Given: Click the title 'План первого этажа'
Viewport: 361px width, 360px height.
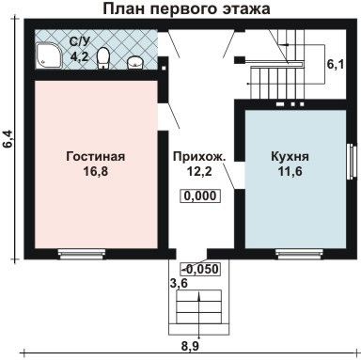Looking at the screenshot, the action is click(186, 8).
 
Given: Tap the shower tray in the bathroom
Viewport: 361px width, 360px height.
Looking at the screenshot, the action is click(49, 55).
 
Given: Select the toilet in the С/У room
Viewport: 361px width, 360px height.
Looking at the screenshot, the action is click(103, 58).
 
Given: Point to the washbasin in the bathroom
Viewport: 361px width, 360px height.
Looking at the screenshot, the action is click(135, 62).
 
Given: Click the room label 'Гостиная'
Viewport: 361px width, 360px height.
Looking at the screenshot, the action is click(96, 156).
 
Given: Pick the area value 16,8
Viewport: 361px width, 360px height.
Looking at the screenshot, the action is click(96, 171).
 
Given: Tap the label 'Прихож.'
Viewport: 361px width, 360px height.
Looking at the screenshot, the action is click(199, 156).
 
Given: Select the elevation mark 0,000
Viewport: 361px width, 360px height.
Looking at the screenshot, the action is click(200, 196).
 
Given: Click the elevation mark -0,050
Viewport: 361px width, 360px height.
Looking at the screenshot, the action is click(199, 269).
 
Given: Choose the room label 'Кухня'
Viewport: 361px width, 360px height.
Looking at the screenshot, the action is click(290, 156).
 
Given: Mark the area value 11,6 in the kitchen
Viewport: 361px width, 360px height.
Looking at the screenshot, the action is click(290, 171).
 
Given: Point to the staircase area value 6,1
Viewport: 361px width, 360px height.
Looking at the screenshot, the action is click(336, 65).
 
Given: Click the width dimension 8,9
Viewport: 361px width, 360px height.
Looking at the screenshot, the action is click(190, 347).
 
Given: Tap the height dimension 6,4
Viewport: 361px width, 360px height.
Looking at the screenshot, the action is click(8, 138).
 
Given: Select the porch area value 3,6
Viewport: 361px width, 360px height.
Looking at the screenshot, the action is click(179, 284).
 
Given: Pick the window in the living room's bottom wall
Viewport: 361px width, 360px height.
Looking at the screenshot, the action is click(82, 254).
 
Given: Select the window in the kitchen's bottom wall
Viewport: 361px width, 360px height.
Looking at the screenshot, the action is click(299, 254).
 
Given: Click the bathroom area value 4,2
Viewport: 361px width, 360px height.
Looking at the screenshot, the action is click(79, 56).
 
